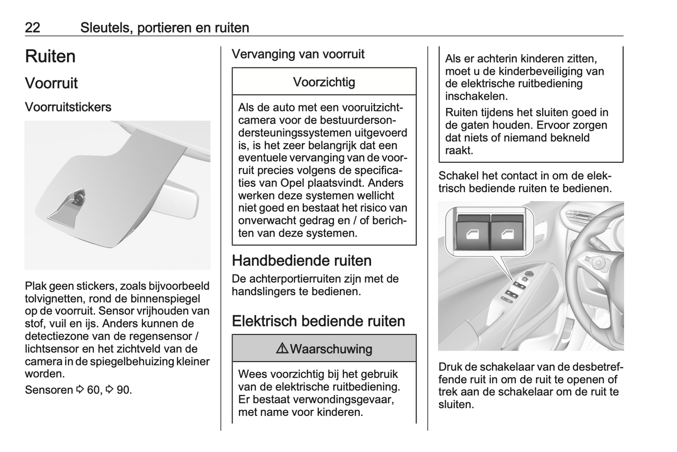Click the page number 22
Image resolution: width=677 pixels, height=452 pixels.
tap(32, 28)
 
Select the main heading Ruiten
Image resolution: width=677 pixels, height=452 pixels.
tap(50, 57)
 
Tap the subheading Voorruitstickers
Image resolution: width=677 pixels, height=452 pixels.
tap(68, 107)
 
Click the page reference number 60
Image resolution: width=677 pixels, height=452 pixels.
tap(94, 390)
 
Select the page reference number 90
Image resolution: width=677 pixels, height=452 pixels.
tap(123, 390)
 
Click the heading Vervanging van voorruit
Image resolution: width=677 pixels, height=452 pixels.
tap(298, 54)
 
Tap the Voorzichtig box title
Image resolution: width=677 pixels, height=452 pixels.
tap(324, 82)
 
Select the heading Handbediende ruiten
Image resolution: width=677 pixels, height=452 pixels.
tap(302, 261)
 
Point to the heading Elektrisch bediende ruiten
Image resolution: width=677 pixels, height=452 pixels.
tap(318, 321)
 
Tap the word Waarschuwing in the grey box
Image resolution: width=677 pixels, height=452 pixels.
tap(331, 349)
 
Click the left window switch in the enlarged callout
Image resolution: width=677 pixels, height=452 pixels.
tap(472, 234)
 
